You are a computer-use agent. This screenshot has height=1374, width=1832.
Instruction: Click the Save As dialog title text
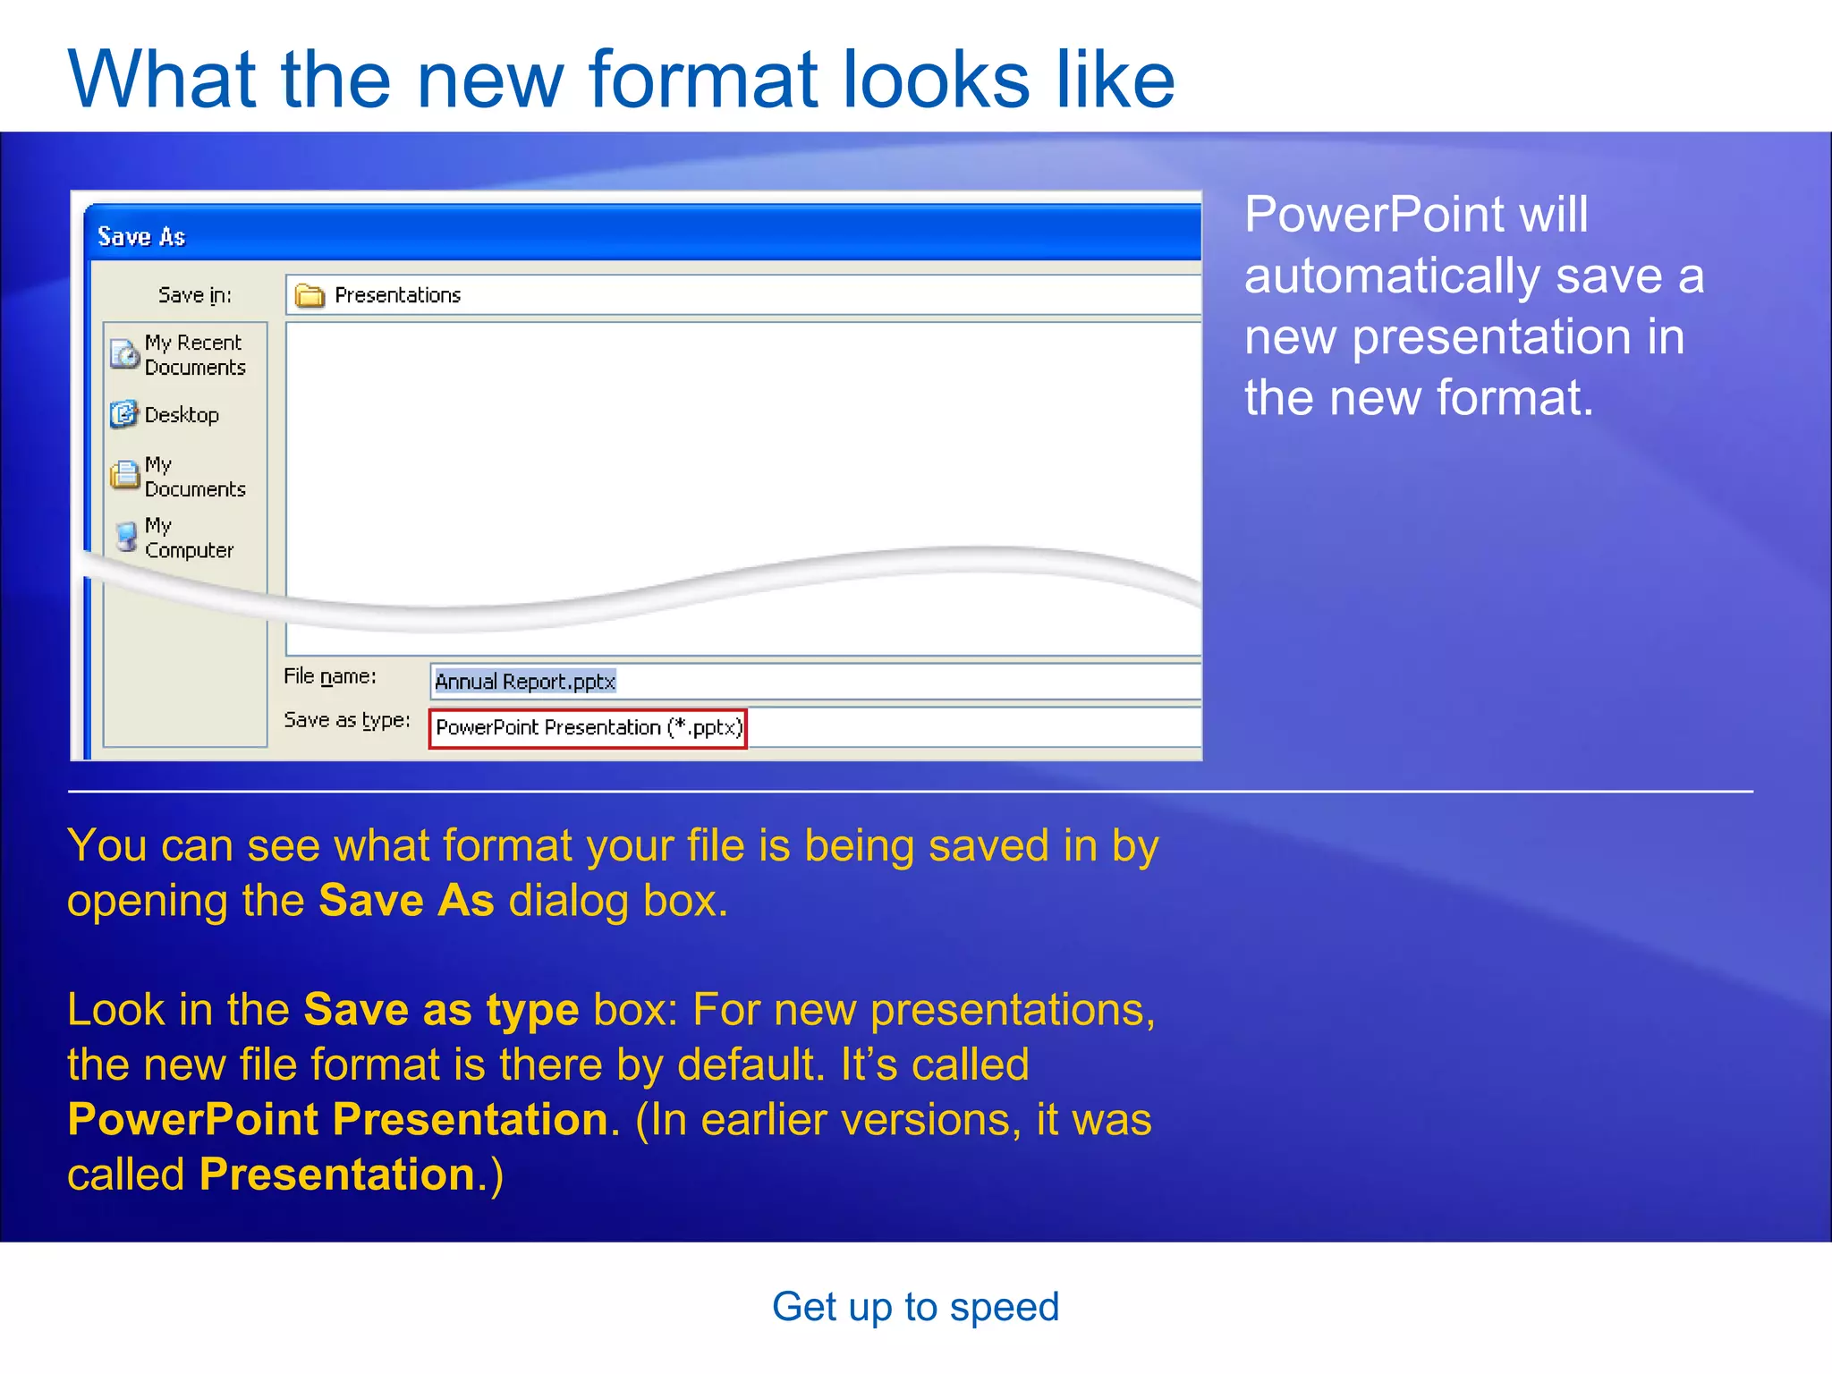pyautogui.click(x=141, y=237)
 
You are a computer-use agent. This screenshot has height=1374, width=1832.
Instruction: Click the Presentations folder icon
pyautogui.click(x=310, y=295)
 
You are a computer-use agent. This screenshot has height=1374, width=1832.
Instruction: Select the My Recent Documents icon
pyautogui.click(x=124, y=355)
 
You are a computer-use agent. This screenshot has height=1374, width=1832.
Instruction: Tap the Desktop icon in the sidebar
pyautogui.click(x=123, y=414)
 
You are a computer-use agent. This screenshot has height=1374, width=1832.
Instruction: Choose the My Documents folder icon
pyautogui.click(x=124, y=476)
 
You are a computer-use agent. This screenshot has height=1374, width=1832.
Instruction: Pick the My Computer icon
pyautogui.click(x=127, y=537)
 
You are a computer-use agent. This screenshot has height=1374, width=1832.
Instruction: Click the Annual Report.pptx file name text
pyautogui.click(x=525, y=682)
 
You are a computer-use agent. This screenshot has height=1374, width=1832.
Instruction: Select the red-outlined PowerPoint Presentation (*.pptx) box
pyautogui.click(x=588, y=728)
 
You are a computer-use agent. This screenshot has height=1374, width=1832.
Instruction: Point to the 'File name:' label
pyautogui.click(x=329, y=677)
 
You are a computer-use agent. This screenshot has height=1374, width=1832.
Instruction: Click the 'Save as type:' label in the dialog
pyautogui.click(x=346, y=720)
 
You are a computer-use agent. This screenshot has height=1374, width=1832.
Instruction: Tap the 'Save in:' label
pyautogui.click(x=194, y=295)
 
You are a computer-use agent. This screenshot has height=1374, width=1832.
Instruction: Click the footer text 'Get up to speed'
pyautogui.click(x=915, y=1307)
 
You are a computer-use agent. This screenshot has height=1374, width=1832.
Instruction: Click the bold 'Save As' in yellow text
pyautogui.click(x=406, y=901)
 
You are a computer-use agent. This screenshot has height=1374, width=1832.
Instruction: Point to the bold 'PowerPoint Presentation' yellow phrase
pyautogui.click(x=338, y=1120)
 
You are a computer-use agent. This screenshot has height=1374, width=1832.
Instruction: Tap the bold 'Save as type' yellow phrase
pyautogui.click(x=441, y=1011)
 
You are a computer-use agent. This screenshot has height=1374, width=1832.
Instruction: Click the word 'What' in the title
pyautogui.click(x=162, y=81)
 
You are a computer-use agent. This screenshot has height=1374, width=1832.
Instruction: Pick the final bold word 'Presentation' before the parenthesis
pyautogui.click(x=336, y=1175)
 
